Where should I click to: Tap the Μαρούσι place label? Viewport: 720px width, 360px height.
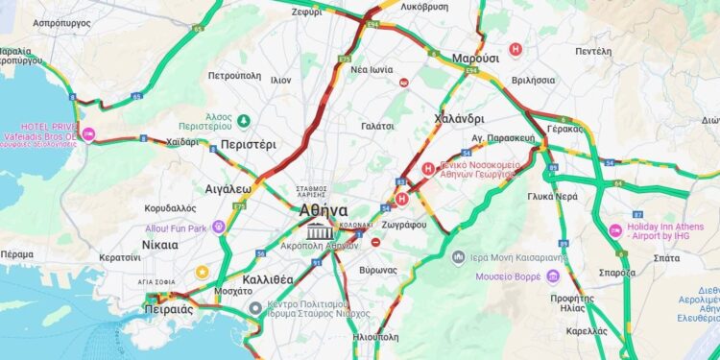coord(474,56)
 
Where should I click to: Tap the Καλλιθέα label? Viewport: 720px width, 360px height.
coord(268,278)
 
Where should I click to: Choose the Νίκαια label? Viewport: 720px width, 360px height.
coord(159,245)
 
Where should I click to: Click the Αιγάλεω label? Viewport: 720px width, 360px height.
coord(228,189)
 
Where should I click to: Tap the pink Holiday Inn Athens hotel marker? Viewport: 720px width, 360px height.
coord(615,231)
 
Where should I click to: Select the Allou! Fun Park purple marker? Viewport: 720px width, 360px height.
coord(219,228)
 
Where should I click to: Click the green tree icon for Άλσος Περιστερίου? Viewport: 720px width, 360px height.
coord(244,121)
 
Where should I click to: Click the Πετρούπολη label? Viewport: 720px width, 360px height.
coord(235,74)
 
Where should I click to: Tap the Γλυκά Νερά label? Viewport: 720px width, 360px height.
coord(552,195)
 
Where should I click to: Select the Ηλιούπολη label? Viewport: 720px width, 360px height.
coord(376,338)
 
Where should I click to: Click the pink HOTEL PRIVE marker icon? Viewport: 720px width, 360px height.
coord(89,133)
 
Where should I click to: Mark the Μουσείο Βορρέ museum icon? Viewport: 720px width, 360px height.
coord(553,276)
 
